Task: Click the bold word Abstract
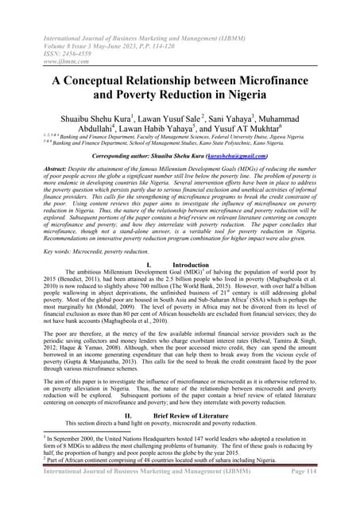click(35, 173)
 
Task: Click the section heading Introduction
click(195, 263)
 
